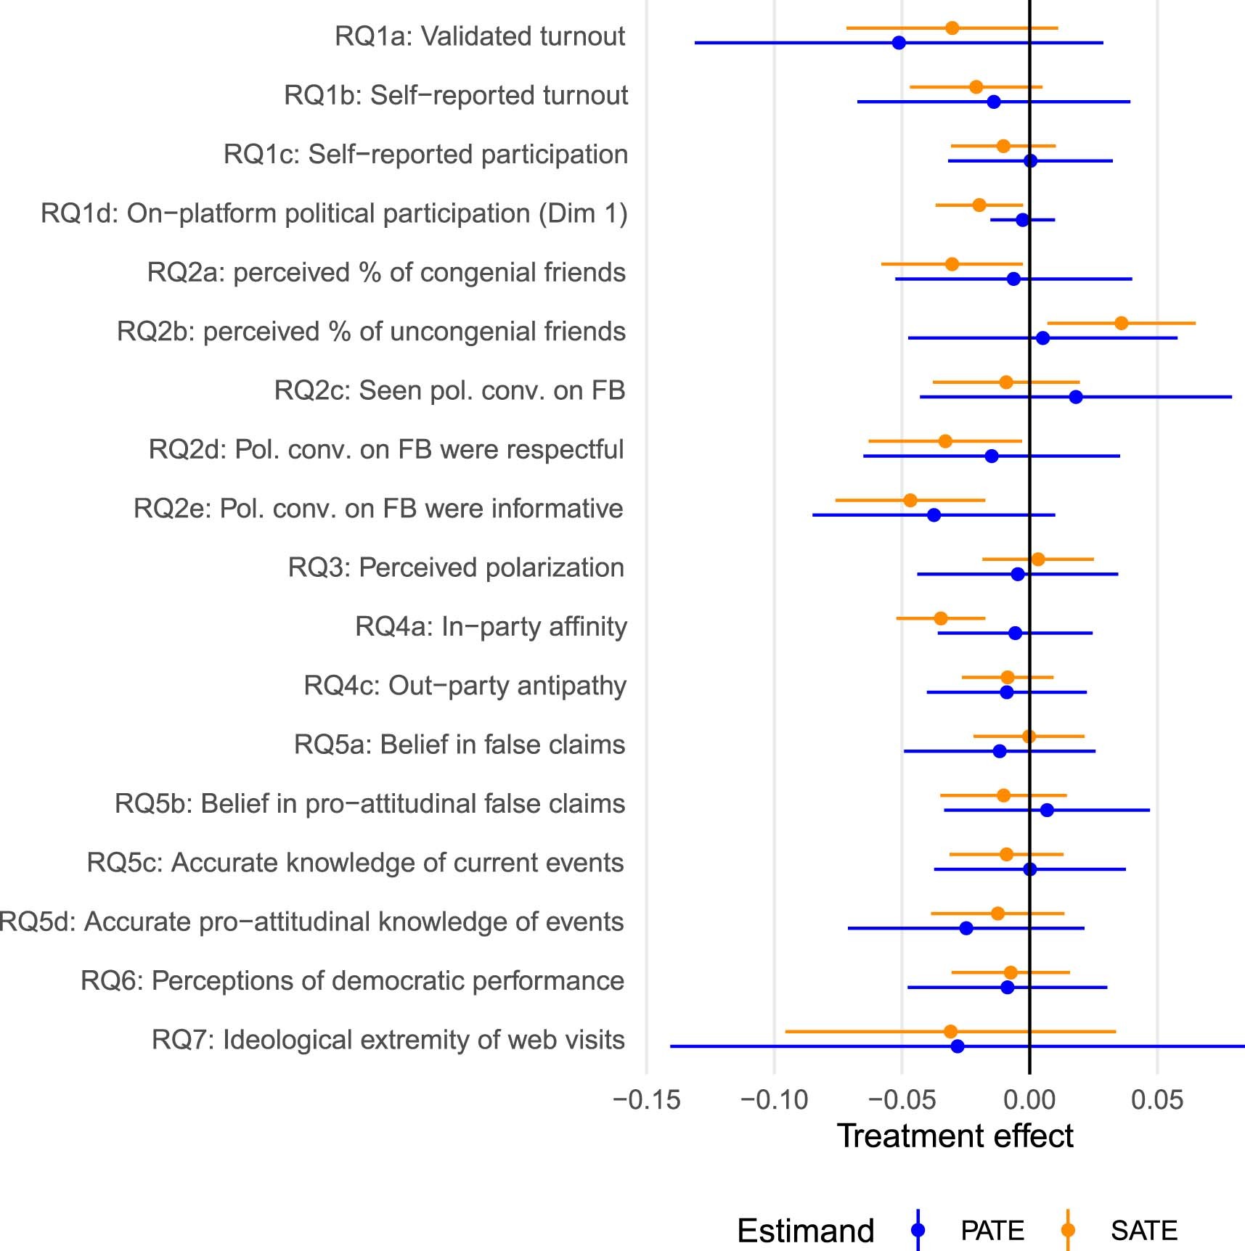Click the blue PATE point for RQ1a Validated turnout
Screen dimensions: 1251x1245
coord(899,43)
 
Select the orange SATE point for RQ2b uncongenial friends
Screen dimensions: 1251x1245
coord(1122,323)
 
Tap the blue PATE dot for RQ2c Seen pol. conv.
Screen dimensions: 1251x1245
coord(1076,397)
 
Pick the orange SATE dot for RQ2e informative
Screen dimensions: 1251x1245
coord(910,500)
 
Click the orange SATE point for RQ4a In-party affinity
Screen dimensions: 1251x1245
coord(941,618)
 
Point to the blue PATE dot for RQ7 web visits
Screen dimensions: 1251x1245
coord(958,1046)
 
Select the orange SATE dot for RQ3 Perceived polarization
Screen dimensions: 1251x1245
coord(1038,559)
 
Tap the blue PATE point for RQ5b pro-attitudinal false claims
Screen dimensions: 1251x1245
coord(1047,810)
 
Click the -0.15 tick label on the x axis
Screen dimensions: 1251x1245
coord(646,1100)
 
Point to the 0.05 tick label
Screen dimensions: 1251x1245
coord(1157,1100)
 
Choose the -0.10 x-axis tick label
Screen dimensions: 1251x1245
coord(774,1100)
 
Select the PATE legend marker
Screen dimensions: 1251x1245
coord(918,1230)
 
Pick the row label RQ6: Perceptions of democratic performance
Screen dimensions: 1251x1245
coord(352,981)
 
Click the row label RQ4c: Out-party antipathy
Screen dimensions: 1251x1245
coord(465,686)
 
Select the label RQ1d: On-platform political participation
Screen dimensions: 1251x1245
coord(334,213)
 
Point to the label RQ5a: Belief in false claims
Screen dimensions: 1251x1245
coord(460,745)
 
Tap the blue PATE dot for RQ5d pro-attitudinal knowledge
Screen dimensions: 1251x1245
coord(966,928)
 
